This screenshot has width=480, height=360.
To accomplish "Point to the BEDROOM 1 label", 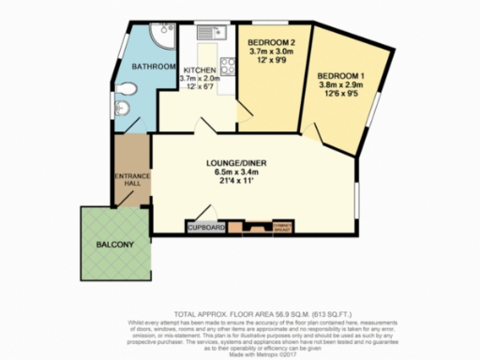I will click(x=339, y=75).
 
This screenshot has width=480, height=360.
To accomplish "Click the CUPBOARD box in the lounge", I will click(x=206, y=228).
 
